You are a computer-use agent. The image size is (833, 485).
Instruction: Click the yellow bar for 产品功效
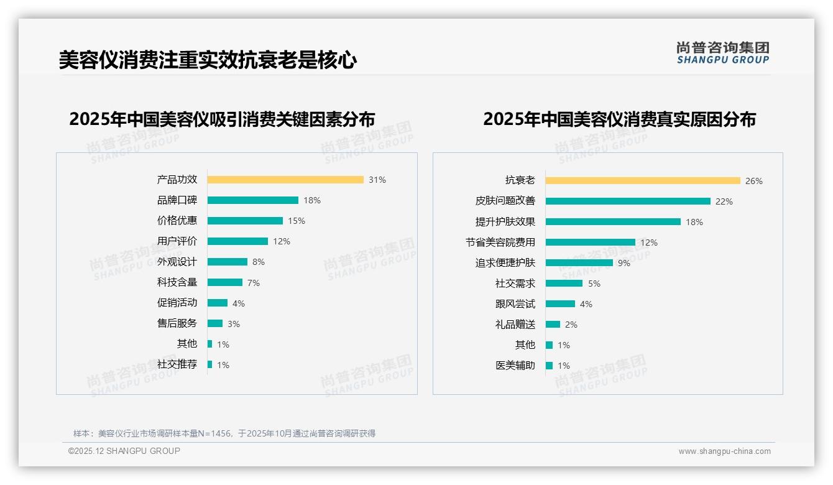(285, 180)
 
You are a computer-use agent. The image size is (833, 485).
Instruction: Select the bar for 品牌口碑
(253, 200)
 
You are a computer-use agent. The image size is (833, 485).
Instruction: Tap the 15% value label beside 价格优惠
(297, 221)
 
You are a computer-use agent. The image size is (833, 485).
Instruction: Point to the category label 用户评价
(177, 241)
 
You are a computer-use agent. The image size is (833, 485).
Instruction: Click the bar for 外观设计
(228, 262)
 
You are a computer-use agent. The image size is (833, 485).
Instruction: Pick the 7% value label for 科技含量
(254, 283)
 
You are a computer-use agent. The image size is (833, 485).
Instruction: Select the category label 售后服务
(177, 323)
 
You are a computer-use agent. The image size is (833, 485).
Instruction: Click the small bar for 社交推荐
(210, 364)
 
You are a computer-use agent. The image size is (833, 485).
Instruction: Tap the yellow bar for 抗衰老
(643, 181)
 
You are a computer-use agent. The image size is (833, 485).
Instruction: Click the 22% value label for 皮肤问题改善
(724, 201)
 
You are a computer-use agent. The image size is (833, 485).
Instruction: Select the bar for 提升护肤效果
(613, 222)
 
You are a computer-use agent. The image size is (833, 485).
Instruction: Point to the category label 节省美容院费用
(500, 242)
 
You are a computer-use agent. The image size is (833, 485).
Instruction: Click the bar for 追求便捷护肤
(579, 263)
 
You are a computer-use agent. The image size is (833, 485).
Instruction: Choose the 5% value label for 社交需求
(594, 284)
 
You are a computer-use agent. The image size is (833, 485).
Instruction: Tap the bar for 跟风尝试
(561, 304)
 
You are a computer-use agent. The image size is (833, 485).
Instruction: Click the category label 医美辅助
(515, 366)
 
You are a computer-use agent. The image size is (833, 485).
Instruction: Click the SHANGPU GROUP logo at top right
(723, 53)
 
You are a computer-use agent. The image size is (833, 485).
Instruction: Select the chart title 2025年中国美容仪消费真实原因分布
(619, 119)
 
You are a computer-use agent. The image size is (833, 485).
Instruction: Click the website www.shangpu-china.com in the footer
(724, 451)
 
